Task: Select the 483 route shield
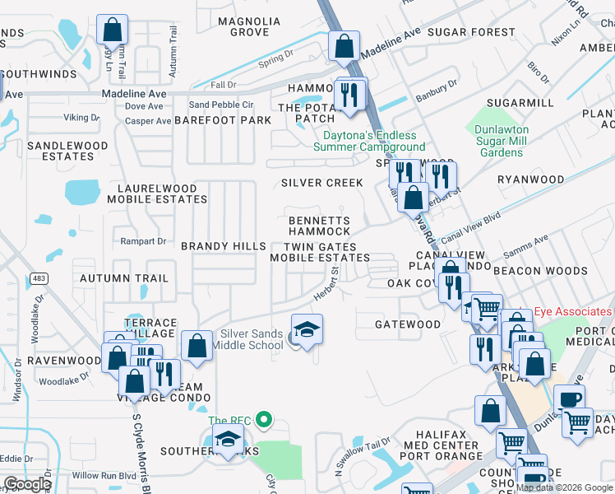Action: pyautogui.click(x=39, y=278)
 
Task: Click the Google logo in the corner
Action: pyautogui.click(x=27, y=484)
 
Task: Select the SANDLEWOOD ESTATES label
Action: pyautogui.click(x=67, y=151)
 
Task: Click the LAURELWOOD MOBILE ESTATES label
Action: pyautogui.click(x=156, y=193)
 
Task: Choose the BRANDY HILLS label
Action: pyautogui.click(x=223, y=246)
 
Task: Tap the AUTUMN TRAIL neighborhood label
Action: pyautogui.click(x=123, y=279)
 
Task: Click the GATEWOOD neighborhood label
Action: pyautogui.click(x=408, y=324)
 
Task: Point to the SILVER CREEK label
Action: pyautogui.click(x=321, y=183)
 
